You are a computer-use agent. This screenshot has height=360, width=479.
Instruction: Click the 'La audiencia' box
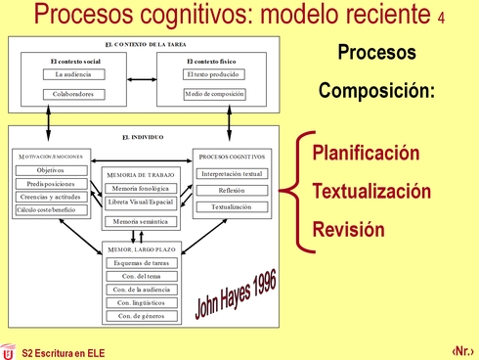click(72, 74)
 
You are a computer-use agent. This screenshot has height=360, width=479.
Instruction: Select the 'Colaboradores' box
click(72, 94)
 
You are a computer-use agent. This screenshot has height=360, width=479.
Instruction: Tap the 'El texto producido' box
click(213, 74)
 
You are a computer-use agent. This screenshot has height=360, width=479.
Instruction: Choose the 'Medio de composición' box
click(213, 94)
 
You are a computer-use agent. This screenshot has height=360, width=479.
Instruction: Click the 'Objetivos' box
click(50, 169)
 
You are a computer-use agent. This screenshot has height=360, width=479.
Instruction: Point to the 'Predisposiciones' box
click(50, 183)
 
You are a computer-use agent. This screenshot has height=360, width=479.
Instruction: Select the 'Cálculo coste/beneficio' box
click(50, 209)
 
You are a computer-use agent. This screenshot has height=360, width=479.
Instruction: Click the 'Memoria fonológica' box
click(141, 187)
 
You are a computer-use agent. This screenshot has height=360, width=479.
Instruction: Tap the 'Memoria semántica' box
click(141, 222)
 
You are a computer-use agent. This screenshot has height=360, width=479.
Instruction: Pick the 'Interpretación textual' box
click(231, 173)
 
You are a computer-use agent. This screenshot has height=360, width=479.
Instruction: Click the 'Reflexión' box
click(231, 190)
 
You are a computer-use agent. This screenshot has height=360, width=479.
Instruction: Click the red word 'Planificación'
click(366, 154)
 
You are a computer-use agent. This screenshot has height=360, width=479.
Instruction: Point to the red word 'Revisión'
click(348, 230)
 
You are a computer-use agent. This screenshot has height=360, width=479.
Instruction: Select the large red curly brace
click(290, 191)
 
